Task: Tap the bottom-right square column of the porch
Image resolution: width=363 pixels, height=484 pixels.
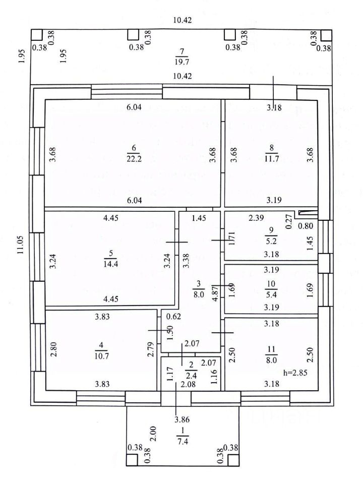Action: (233, 459)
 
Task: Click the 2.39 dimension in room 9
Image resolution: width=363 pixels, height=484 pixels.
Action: (257, 218)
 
